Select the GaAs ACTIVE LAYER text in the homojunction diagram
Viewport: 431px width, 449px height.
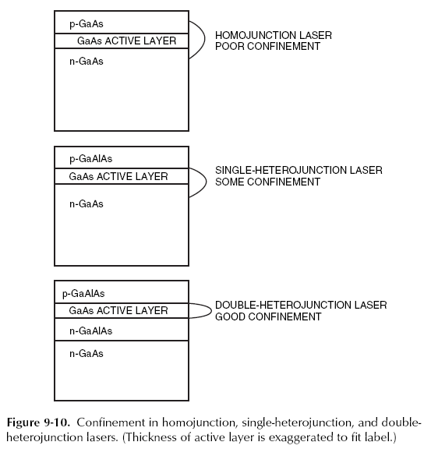pyautogui.click(x=127, y=41)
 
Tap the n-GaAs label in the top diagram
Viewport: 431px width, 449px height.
pyautogui.click(x=80, y=61)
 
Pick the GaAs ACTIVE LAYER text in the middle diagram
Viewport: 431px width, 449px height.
pyautogui.click(x=118, y=176)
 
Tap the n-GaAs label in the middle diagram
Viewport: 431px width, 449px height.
pyautogui.click(x=86, y=204)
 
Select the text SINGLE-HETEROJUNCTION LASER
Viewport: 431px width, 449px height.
pyautogui.click(x=299, y=170)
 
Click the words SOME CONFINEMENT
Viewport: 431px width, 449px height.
pyautogui.click(x=267, y=182)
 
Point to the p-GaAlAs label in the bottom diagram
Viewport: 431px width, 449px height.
pyautogui.click(x=83, y=294)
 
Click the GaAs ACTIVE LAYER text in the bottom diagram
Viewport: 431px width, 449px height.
pyautogui.click(x=118, y=311)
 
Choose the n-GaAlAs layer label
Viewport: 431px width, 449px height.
pyautogui.click(x=86, y=331)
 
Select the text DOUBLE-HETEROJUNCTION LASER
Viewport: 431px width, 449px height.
pyautogui.click(x=301, y=305)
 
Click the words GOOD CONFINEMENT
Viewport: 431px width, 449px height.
pyautogui.click(x=267, y=317)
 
